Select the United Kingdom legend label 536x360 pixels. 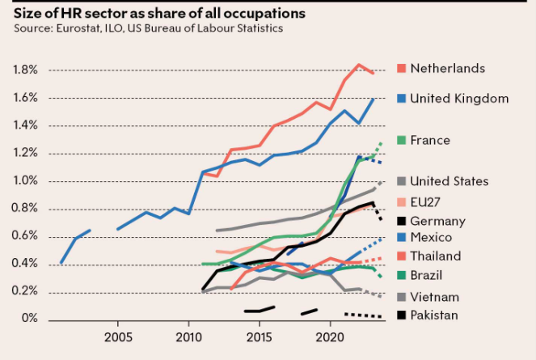coord(459,99)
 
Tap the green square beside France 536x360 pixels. coord(402,140)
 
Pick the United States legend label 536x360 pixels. coord(449,181)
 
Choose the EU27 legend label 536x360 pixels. coord(427,201)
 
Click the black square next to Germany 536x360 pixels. coord(402,221)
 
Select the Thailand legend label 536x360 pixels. coord(436,256)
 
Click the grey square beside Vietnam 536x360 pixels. coord(402,297)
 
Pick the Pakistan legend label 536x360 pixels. coord(435,316)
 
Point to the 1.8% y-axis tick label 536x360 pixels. coord(25,70)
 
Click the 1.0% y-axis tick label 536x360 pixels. coord(25,181)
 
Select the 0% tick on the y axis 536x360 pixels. coord(30,319)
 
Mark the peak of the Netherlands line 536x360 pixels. coord(358,65)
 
